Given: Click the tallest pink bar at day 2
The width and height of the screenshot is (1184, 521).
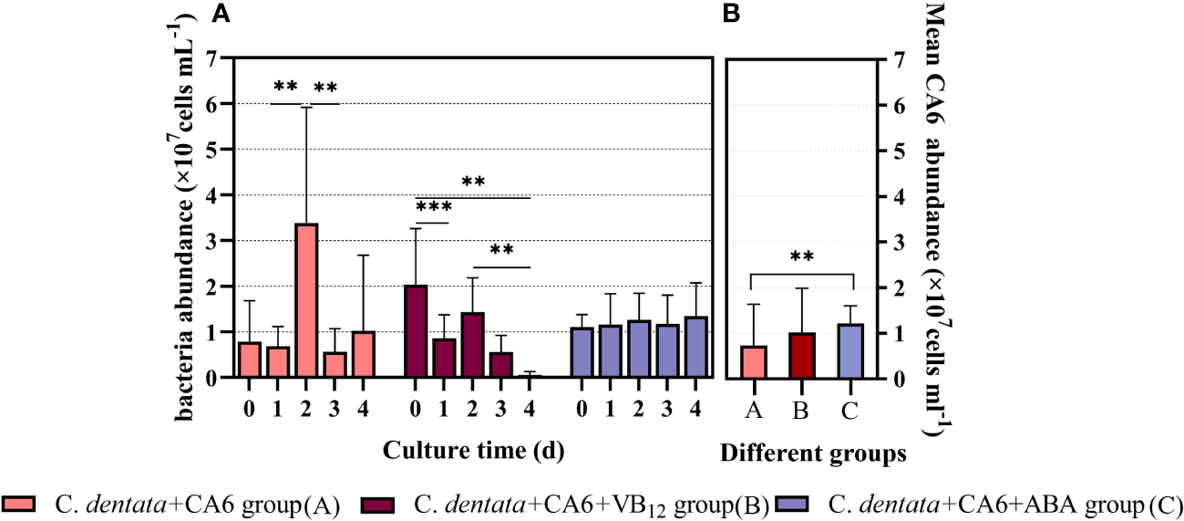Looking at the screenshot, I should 307,300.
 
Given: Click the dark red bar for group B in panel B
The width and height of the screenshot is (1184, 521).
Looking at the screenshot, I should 801,355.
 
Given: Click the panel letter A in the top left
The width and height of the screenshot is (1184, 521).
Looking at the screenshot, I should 220,13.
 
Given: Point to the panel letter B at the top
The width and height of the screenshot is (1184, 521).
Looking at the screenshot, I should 730,13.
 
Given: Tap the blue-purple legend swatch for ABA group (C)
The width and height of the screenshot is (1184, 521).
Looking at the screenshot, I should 801,504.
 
